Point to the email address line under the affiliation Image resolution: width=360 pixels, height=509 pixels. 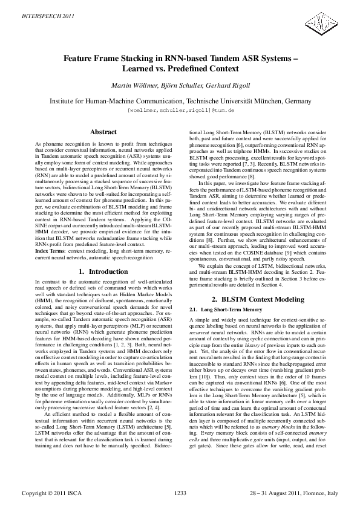[x=180, y=111]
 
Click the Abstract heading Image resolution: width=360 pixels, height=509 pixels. [x=103, y=132]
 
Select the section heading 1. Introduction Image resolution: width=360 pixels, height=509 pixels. [x=103, y=272]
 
